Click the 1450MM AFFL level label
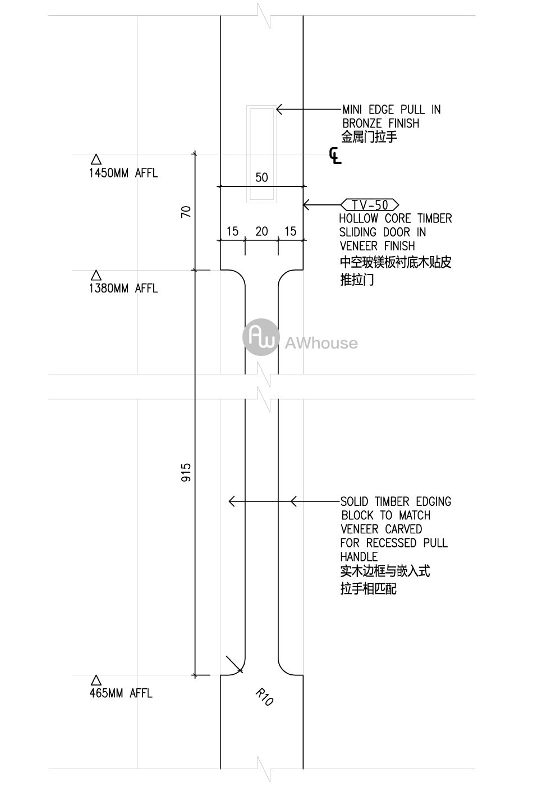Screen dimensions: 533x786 (x=123, y=173)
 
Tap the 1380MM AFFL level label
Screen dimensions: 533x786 (x=123, y=289)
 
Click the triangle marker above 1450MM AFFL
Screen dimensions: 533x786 (x=96, y=159)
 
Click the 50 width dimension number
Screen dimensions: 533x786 (x=261, y=177)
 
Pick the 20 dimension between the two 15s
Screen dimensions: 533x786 (x=261, y=231)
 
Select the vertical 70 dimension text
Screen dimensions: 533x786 (x=186, y=212)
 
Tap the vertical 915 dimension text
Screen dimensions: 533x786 (x=186, y=472)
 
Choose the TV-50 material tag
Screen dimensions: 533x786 (x=370, y=204)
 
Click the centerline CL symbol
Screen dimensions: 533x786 (x=336, y=156)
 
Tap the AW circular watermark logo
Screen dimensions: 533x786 (x=261, y=337)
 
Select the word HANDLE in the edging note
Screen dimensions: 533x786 (x=359, y=557)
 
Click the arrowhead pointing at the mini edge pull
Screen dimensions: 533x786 (x=279, y=109)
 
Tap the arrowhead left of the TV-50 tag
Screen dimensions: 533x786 (x=306, y=204)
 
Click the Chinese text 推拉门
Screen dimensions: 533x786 (x=357, y=280)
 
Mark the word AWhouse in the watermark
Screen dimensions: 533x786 (x=321, y=343)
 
